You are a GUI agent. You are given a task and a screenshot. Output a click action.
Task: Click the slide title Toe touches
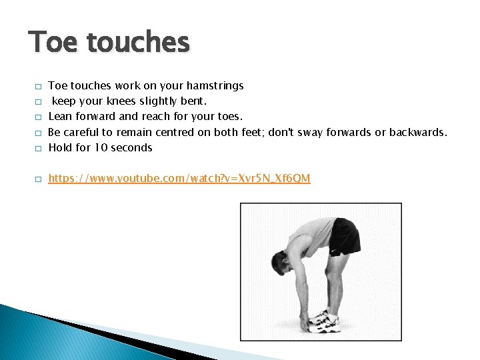[109, 43]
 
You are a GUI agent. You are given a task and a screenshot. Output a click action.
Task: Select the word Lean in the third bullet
[60, 117]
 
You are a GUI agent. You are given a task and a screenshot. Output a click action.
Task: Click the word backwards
[417, 132]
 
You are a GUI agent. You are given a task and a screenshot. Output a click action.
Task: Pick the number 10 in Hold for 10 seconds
[100, 147]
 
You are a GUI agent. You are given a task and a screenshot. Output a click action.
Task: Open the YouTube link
[179, 179]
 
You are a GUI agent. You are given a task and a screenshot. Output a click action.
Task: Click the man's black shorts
[343, 237]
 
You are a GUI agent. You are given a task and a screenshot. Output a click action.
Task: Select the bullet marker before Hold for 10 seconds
[39, 148]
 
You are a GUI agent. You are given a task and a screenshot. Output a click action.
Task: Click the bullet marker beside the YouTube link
[39, 179]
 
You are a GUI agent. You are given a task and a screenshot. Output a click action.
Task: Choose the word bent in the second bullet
[193, 101]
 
